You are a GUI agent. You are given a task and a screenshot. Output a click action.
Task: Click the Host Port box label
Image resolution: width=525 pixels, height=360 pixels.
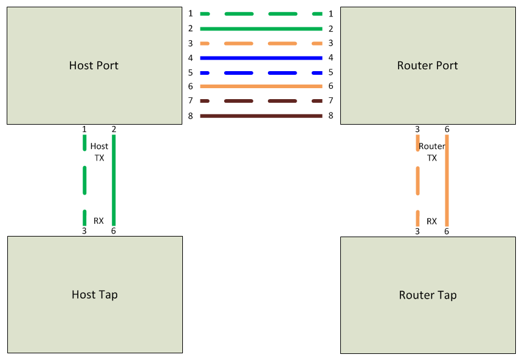(94, 66)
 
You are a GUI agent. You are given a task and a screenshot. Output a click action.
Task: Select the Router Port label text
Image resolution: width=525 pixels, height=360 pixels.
(427, 66)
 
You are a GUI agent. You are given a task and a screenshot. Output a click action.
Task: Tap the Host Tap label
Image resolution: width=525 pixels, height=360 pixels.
(94, 295)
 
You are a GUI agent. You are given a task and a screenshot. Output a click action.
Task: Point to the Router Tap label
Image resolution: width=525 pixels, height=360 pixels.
(428, 296)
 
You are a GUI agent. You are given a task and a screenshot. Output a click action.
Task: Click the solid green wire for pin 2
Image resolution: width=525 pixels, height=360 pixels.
(261, 29)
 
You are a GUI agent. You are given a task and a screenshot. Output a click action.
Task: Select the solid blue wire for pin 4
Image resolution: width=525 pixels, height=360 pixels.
(261, 58)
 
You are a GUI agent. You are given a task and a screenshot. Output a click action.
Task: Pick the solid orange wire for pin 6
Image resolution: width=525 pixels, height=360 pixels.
(261, 86)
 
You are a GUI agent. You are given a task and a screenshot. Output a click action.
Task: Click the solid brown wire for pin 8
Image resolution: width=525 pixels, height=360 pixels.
(261, 116)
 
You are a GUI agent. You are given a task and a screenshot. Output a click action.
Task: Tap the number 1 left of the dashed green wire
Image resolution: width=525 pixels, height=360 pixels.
(190, 13)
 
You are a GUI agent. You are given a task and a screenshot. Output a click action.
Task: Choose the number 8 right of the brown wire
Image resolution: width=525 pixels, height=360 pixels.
(331, 116)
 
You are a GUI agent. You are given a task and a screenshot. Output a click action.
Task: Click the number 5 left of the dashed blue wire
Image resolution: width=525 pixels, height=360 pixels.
(190, 72)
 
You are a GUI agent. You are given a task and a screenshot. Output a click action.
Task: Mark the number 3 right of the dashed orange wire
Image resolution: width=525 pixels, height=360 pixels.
(331, 43)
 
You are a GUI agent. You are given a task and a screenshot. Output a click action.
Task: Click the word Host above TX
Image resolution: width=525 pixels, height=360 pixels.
(99, 147)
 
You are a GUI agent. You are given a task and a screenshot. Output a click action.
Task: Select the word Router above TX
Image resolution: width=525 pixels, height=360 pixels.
(432, 147)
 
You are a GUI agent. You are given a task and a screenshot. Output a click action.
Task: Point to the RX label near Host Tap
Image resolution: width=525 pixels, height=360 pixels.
(98, 221)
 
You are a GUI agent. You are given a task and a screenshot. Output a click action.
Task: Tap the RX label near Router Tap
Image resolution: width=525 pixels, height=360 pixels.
(431, 221)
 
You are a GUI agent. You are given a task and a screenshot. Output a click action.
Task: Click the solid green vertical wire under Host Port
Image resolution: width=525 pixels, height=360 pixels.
(114, 180)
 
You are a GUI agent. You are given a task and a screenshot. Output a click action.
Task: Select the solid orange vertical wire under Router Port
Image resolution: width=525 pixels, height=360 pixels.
(447, 180)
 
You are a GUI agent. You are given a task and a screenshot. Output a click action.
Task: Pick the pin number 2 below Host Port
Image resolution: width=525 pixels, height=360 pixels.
(114, 129)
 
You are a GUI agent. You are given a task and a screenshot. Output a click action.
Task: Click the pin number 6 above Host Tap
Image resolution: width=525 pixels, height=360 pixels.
(114, 231)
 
